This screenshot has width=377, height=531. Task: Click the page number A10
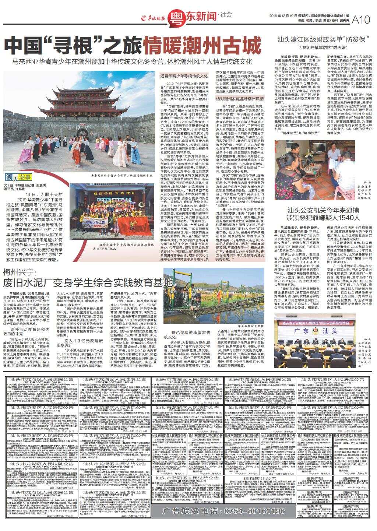pos(361,20)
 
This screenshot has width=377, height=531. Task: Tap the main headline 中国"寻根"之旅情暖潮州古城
pos(133,46)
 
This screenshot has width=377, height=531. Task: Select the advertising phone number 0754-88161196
pos(224,511)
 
